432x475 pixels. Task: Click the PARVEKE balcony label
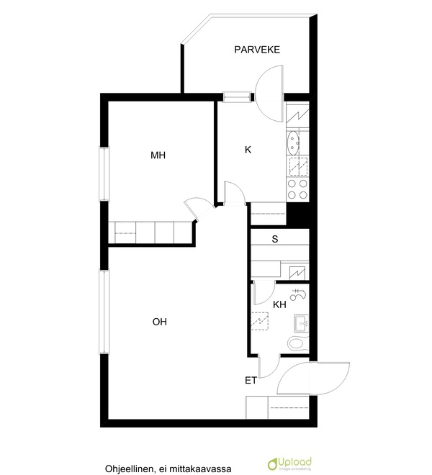point(257,50)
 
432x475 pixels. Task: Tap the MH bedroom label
point(158,155)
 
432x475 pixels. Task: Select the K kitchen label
point(248,150)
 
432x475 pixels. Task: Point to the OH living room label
point(159,322)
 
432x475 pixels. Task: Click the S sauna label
point(275,239)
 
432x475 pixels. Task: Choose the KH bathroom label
point(279,304)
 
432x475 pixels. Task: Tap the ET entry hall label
point(251,381)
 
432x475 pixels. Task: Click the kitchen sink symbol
point(293,142)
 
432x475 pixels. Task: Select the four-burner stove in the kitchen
point(297,189)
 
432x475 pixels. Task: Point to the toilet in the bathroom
point(297,343)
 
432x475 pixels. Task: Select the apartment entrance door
point(313,379)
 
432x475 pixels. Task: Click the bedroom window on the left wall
point(104,173)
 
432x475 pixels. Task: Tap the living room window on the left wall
point(104,312)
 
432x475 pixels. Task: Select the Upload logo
point(290,463)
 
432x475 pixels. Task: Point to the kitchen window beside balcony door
point(238,97)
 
